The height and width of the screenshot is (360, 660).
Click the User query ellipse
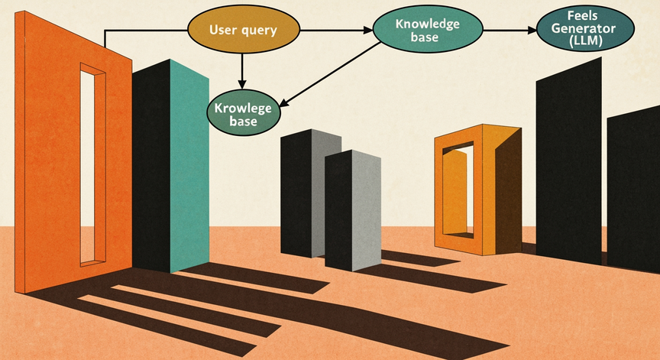coord(244,30)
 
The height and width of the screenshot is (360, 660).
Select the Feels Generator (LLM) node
coord(585,28)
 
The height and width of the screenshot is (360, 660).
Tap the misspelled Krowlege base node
coord(244,112)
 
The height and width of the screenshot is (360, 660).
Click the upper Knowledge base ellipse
coord(428,28)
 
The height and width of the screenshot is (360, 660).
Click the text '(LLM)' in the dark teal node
coord(585,41)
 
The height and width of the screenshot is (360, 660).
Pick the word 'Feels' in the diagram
coord(583,16)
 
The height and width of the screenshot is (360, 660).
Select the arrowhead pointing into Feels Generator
coord(532,31)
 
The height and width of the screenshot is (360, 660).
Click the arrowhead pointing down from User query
coord(241,84)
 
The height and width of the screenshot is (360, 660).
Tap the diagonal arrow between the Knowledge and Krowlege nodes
coord(331,75)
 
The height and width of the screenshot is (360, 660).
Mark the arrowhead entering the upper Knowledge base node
coord(368,30)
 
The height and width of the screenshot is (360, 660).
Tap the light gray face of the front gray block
coord(366,210)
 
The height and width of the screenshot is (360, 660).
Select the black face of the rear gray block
coord(296,193)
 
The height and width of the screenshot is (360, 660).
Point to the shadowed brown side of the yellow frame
coord(509,190)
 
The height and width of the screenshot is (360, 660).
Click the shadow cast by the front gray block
coord(434,278)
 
